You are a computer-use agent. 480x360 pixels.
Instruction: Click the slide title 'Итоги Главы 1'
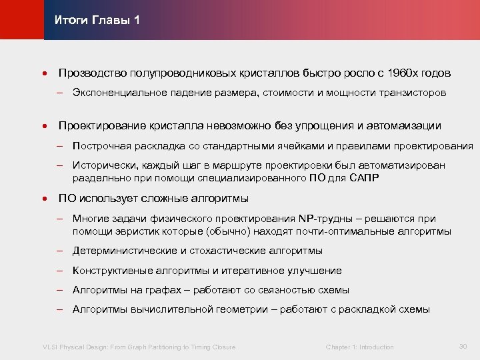coord(97,20)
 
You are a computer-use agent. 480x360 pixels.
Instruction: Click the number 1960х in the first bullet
coord(405,72)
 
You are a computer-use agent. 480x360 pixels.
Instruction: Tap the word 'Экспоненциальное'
coord(115,93)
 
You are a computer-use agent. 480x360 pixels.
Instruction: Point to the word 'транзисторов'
coord(414,93)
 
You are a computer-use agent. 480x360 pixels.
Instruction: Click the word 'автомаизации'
coord(407,125)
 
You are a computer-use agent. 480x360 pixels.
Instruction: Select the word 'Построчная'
coord(99,146)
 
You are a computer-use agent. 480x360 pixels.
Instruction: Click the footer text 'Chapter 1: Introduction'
coord(359,347)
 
